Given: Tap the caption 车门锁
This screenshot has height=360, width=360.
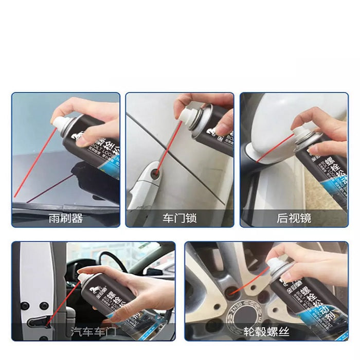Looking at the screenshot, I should point(179,219).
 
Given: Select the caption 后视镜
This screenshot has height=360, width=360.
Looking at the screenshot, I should point(294,219).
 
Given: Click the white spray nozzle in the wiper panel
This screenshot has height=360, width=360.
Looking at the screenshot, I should point(61,122).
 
